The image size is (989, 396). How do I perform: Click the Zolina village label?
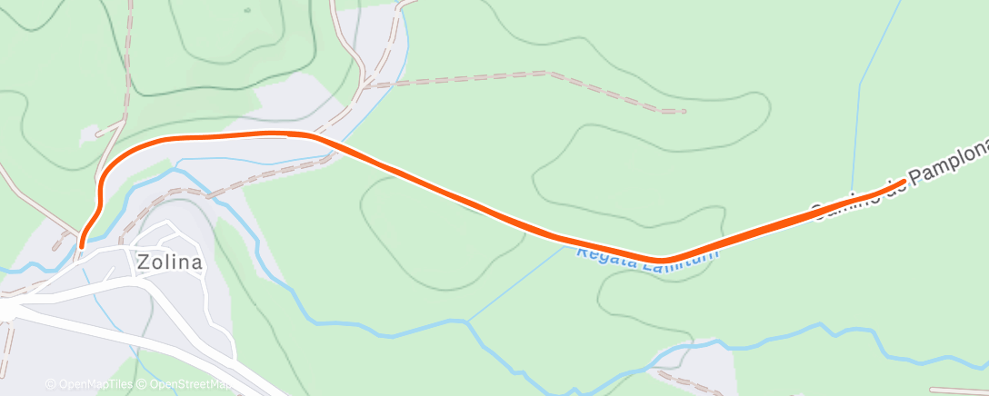169,263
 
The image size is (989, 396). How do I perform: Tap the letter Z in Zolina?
144,263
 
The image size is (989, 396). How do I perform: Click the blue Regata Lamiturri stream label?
646,253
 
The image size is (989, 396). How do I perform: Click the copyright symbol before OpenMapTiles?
50,384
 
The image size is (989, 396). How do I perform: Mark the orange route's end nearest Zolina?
82,244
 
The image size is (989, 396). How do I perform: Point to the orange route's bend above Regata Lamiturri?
664,260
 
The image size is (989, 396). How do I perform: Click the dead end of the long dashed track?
682,112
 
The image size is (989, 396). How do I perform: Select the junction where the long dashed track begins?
365,86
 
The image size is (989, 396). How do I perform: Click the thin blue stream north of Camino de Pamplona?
859,109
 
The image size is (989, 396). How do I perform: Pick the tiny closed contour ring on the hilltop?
247,11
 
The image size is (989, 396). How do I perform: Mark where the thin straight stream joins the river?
467,322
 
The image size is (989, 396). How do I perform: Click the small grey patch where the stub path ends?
91,136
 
